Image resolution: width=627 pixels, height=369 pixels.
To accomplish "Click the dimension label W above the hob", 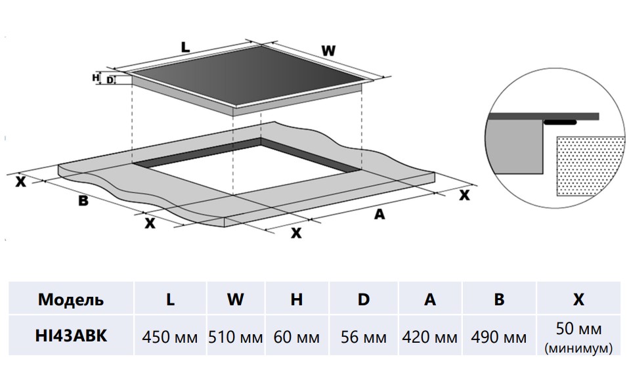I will coord(328,50).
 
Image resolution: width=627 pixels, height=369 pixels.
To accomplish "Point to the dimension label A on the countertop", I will coord(379,213).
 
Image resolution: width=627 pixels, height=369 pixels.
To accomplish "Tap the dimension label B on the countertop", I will coord(83,201).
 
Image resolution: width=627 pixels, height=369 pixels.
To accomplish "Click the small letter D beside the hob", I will coord(110,80).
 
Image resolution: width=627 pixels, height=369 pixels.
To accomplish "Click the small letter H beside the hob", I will coord(96,77).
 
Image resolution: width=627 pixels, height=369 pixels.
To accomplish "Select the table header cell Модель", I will coord(71,299).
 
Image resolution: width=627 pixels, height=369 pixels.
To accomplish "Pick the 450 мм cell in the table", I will coord(170,337).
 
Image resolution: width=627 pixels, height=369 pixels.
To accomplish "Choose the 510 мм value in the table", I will coord(236,337).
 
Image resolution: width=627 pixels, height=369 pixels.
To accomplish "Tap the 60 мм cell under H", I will coord(297,337).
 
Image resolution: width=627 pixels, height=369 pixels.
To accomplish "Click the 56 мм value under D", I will coord(364,337).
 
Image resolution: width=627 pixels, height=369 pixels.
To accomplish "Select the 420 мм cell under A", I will coord(430,337).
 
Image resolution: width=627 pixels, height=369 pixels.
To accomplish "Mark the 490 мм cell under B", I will coord(499,337).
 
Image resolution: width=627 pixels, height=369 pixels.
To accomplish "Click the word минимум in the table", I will coord(578,347).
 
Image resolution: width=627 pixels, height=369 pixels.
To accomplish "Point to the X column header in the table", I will coord(578,299).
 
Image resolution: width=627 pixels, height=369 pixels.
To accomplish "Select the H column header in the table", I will coord(297,299).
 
